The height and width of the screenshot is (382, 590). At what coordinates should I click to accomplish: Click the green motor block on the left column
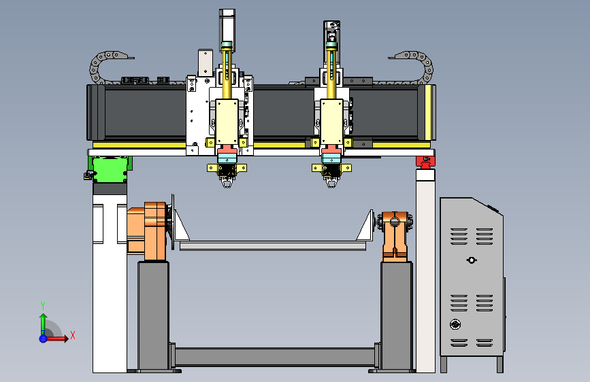click(110, 169)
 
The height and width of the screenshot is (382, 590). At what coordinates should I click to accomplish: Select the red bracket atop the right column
click(425, 162)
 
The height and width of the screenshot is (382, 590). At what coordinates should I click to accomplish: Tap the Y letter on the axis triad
click(43, 306)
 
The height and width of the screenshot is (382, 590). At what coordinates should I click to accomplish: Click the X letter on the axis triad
click(73, 335)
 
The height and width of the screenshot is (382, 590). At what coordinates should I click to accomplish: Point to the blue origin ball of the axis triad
click(43, 338)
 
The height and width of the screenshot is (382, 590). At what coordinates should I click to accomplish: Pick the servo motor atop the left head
click(227, 30)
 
